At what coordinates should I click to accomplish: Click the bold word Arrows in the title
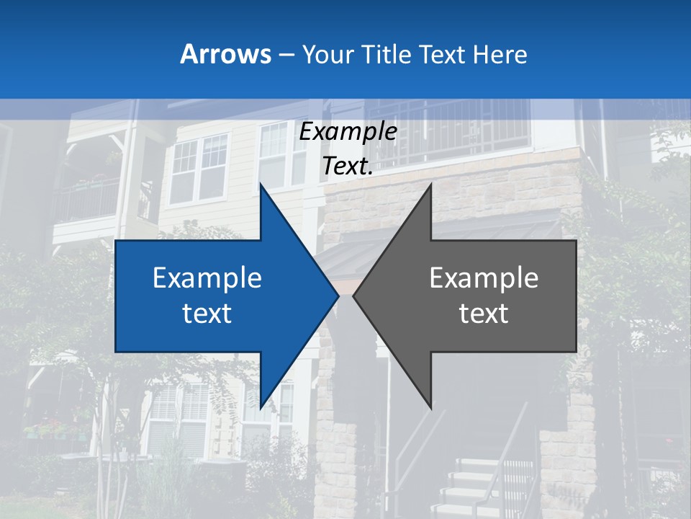pos(226,54)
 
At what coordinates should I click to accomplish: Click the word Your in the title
pos(328,54)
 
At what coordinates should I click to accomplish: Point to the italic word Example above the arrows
pos(348,132)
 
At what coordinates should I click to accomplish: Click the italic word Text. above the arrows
pos(348,166)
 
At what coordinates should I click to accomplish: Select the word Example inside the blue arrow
pos(207,278)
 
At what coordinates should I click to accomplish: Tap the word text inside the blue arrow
pos(207,313)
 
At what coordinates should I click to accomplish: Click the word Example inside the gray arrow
pos(484,278)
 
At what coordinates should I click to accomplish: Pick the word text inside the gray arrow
pos(484,313)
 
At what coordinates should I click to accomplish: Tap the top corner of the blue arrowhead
pos(261,185)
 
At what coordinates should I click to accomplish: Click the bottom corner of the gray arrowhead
pos(430,408)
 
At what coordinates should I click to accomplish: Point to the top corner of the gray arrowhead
pos(430,185)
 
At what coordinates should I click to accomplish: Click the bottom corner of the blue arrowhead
pos(261,408)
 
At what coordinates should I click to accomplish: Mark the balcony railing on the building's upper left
pos(86,198)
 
